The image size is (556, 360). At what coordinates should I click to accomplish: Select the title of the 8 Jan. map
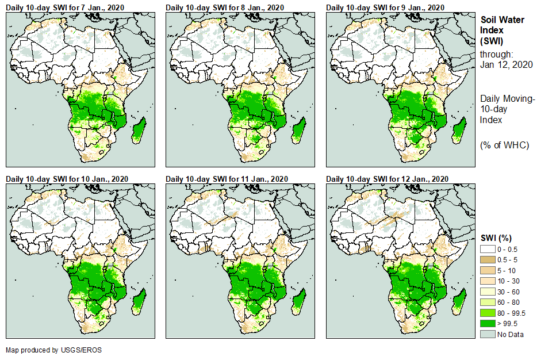click(225, 7)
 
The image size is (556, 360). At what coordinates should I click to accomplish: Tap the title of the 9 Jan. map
click(385, 7)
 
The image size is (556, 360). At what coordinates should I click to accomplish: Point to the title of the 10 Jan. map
click(67, 179)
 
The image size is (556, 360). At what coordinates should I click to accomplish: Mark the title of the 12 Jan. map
click(388, 179)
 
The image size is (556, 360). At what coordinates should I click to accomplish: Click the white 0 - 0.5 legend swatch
click(488, 248)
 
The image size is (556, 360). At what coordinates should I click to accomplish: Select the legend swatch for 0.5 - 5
click(488, 259)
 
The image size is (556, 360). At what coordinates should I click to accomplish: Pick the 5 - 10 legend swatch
click(488, 270)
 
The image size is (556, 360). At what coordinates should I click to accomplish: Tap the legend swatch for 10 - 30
click(488, 281)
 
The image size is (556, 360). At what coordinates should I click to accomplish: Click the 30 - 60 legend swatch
click(488, 292)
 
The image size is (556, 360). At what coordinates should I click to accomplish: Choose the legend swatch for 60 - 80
click(488, 302)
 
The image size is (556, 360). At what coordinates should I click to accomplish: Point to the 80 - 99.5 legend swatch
click(488, 313)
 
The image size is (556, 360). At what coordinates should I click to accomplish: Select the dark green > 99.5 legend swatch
click(488, 324)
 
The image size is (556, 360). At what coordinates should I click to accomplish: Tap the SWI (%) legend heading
click(496, 238)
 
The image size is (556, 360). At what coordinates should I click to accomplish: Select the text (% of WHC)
click(504, 145)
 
